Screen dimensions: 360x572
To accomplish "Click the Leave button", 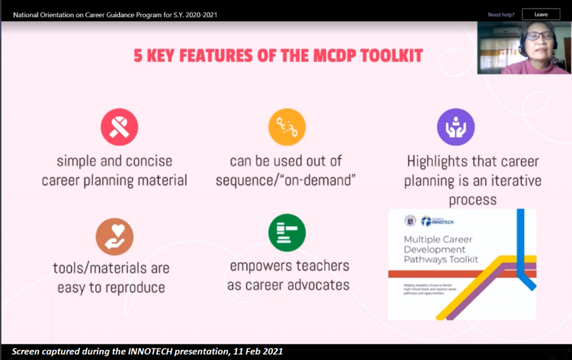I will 541,15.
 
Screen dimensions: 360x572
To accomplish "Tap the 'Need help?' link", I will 501,15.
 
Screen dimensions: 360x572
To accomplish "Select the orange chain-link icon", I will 287,127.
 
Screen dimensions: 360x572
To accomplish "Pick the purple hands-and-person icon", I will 456,127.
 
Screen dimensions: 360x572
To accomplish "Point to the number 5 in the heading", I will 138,56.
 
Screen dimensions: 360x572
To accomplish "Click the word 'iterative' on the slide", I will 513,181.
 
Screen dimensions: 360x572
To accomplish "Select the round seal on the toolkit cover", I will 409,220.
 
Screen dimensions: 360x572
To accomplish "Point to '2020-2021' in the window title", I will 172,14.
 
